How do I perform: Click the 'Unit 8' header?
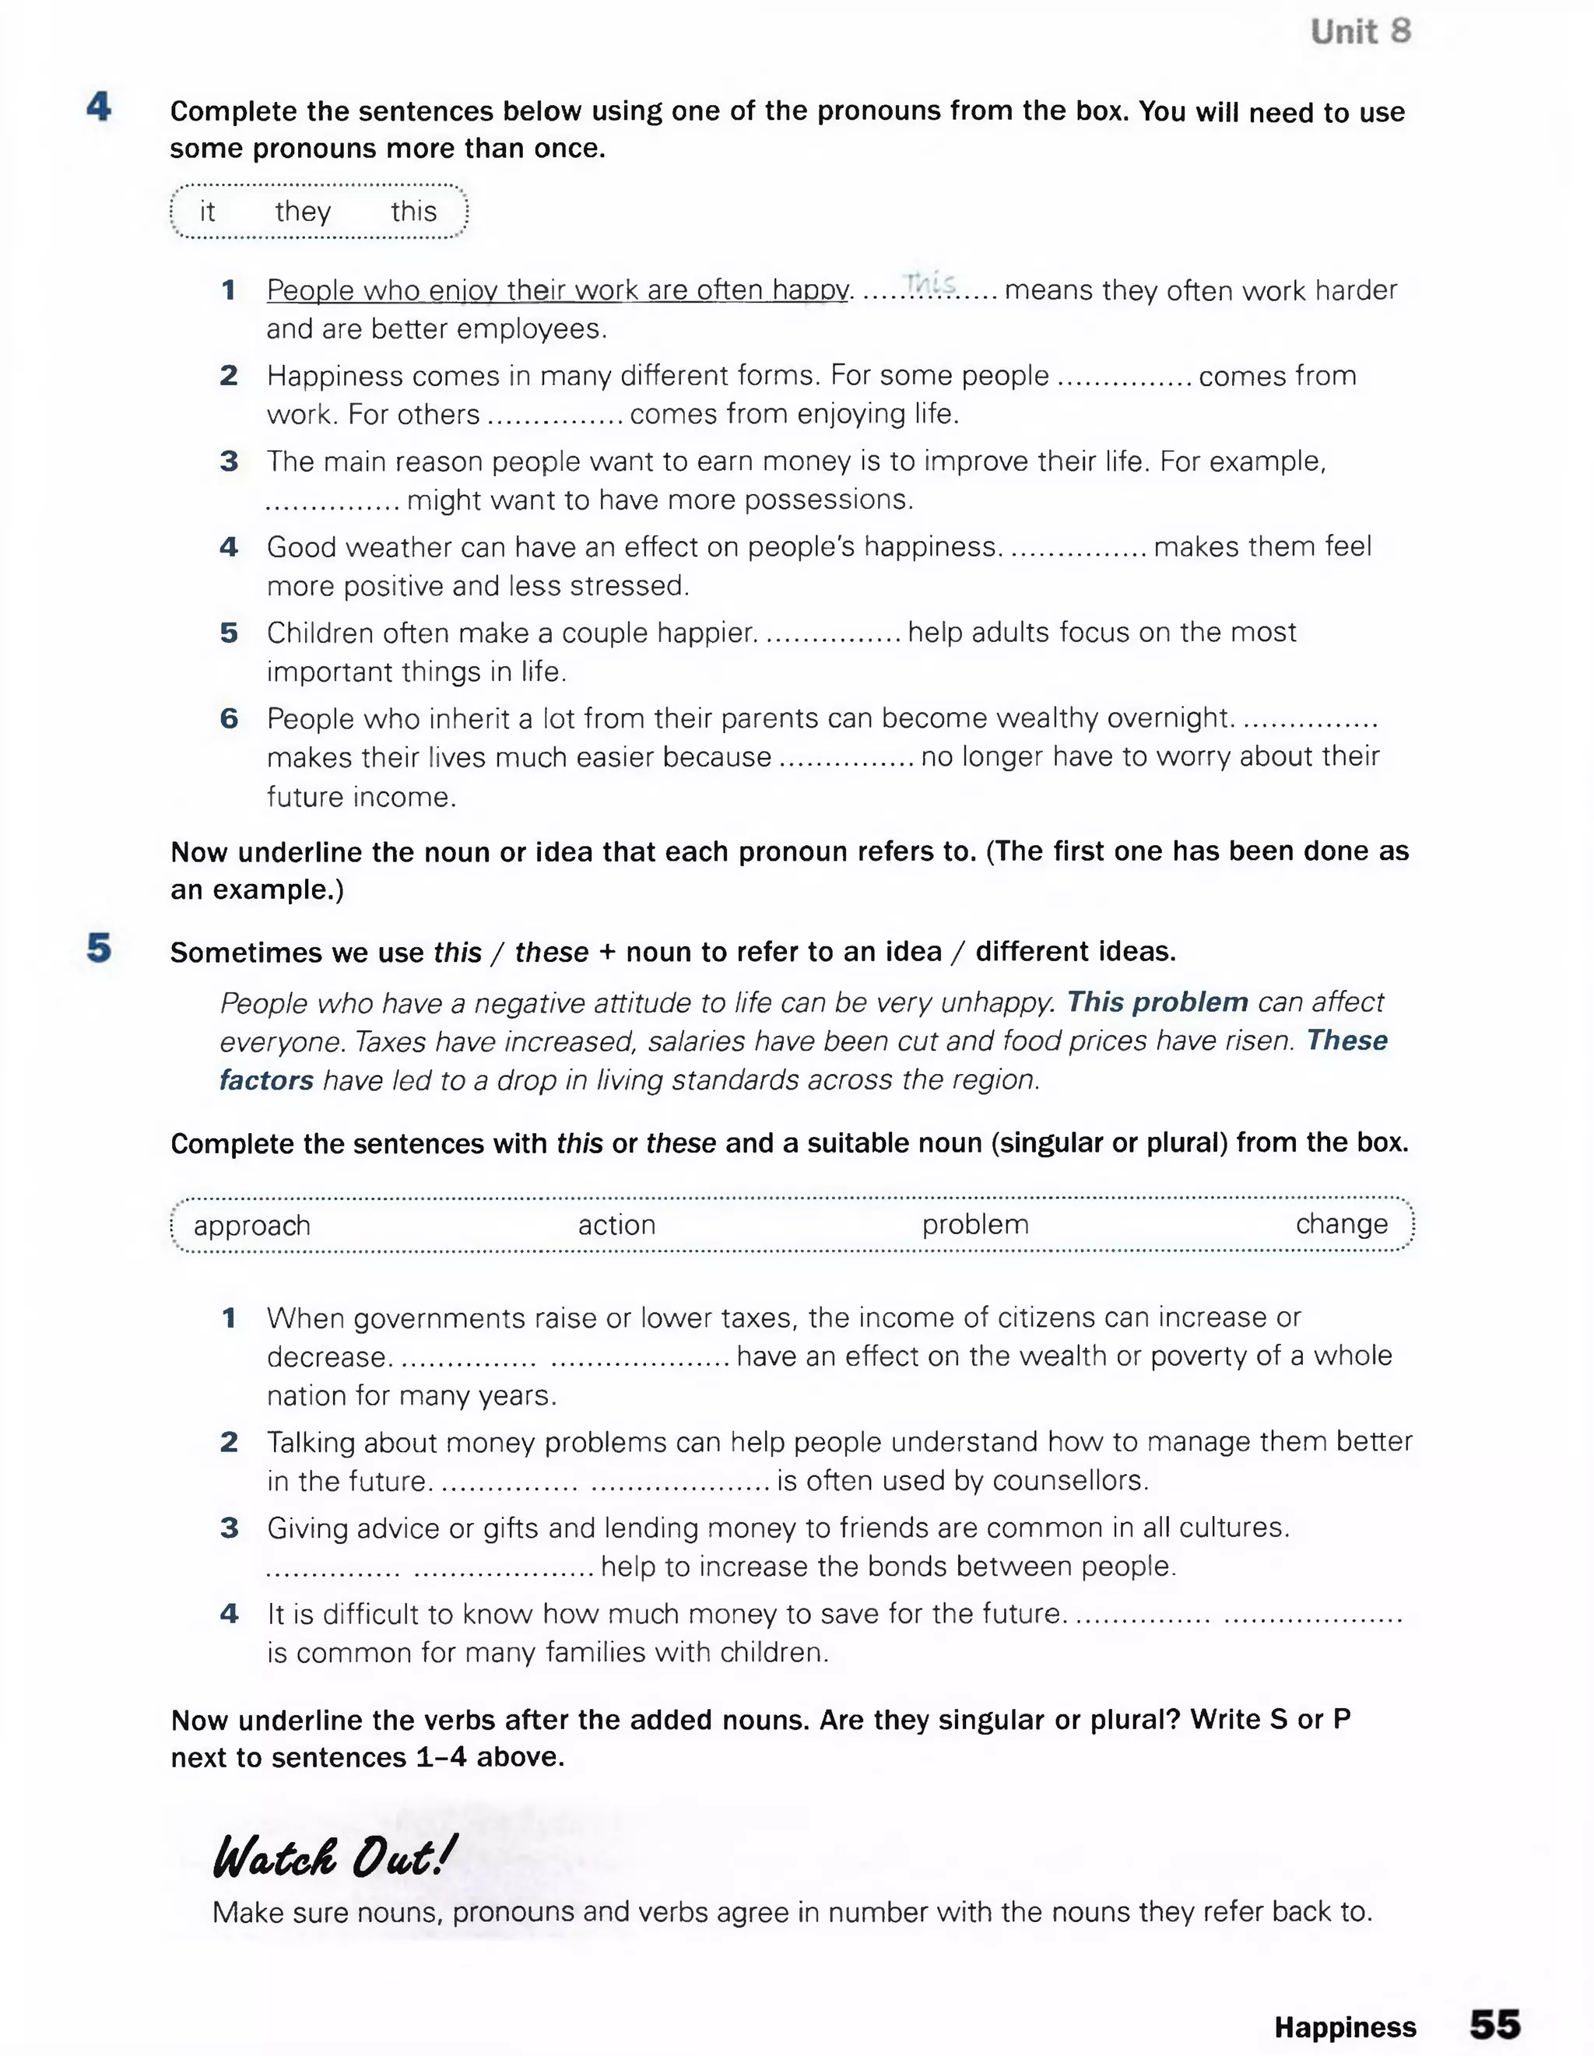[1361, 32]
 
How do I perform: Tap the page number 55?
[1494, 2024]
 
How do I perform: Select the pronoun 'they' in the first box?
[302, 212]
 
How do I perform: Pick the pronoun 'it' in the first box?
[207, 212]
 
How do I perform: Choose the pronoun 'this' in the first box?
[413, 212]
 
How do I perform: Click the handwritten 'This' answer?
[930, 282]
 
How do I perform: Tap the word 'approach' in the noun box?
[251, 1226]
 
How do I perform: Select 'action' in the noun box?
[616, 1225]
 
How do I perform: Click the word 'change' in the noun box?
[1341, 1224]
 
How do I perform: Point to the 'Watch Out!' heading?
[333, 1858]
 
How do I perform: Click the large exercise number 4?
[99, 107]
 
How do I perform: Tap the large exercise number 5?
[99, 948]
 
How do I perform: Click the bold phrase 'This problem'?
[1157, 1002]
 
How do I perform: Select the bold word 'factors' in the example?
[266, 1080]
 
